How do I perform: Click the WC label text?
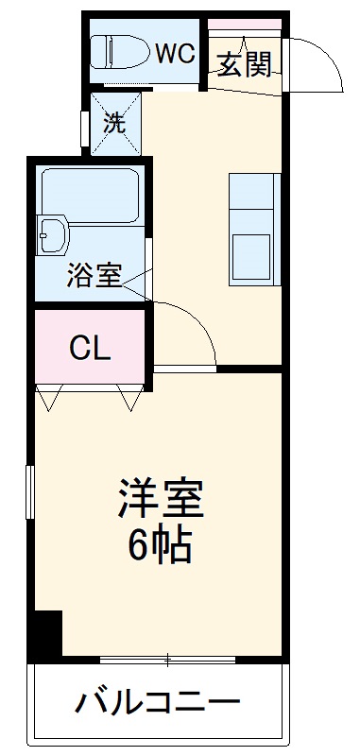coord(175,53)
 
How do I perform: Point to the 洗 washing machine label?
coord(113,122)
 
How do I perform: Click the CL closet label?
coord(91,349)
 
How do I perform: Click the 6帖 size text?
coord(161,545)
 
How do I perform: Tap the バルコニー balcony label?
coord(159,705)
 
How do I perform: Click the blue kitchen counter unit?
coord(254,229)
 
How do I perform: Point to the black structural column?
coord(44,634)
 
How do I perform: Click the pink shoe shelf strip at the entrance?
coord(245,23)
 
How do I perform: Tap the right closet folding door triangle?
coord(131,396)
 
